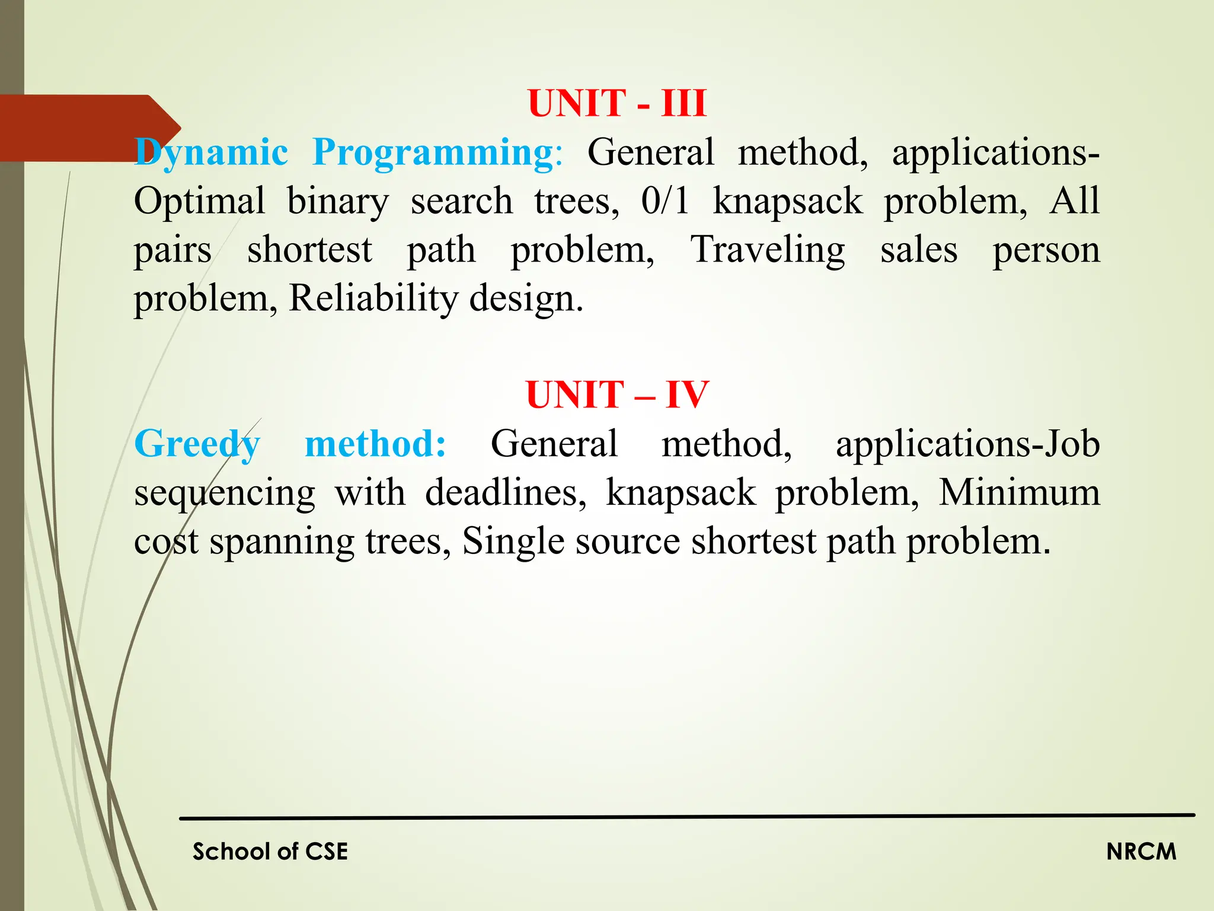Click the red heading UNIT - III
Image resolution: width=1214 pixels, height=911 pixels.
coord(617,103)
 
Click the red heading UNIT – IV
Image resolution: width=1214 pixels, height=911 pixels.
coord(617,395)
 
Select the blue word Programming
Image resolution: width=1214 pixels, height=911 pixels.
coord(433,153)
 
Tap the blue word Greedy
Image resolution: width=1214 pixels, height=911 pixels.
coord(197,444)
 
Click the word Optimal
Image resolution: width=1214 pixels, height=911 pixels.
coord(199,201)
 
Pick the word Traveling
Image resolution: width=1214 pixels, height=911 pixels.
coord(768,250)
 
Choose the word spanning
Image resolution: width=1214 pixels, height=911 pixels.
coord(282,542)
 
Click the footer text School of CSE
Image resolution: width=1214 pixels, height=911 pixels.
coord(270,852)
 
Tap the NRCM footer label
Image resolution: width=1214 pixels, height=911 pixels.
coord(1141,852)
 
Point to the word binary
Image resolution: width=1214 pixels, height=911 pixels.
coord(338,202)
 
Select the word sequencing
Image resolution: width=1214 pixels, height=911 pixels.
coord(225,493)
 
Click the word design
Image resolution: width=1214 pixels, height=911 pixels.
coord(526,298)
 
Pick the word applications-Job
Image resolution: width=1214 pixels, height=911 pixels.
coord(967,444)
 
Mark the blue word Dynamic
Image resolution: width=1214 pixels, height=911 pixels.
coord(211,153)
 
